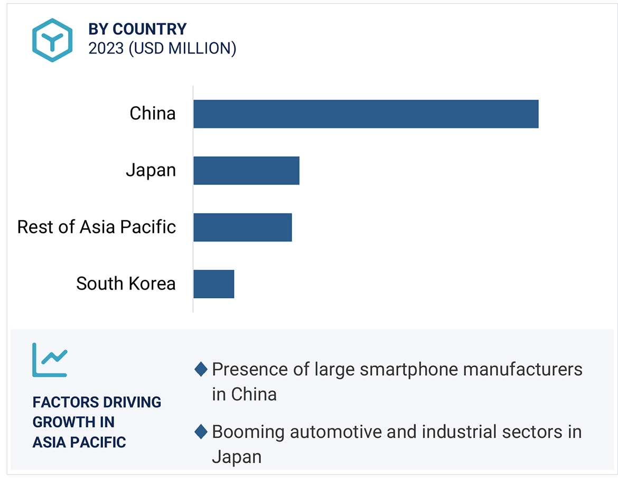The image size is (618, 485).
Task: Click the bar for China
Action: click(366, 114)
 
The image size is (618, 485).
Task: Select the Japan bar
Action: click(246, 171)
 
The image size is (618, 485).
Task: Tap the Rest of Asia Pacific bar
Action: click(242, 227)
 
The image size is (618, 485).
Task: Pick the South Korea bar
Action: click(213, 284)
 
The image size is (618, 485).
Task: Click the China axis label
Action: click(153, 114)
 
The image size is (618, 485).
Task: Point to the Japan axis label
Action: click(151, 170)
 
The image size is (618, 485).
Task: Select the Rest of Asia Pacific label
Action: click(97, 227)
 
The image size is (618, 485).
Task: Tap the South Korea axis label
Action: click(126, 284)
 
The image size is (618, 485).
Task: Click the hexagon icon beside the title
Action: click(51, 40)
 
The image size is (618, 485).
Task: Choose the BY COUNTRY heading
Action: click(137, 29)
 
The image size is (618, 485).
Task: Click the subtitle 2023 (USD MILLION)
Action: click(162, 49)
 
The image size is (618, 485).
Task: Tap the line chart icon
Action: click(50, 360)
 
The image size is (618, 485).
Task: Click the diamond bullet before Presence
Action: click(201, 369)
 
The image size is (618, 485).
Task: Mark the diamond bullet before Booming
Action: click(201, 432)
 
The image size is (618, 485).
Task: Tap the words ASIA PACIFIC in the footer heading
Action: click(79, 442)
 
